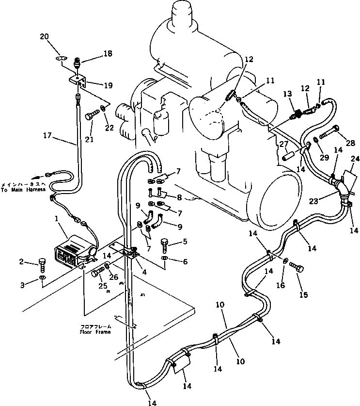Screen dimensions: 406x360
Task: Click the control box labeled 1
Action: pyautogui.click(x=73, y=250)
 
